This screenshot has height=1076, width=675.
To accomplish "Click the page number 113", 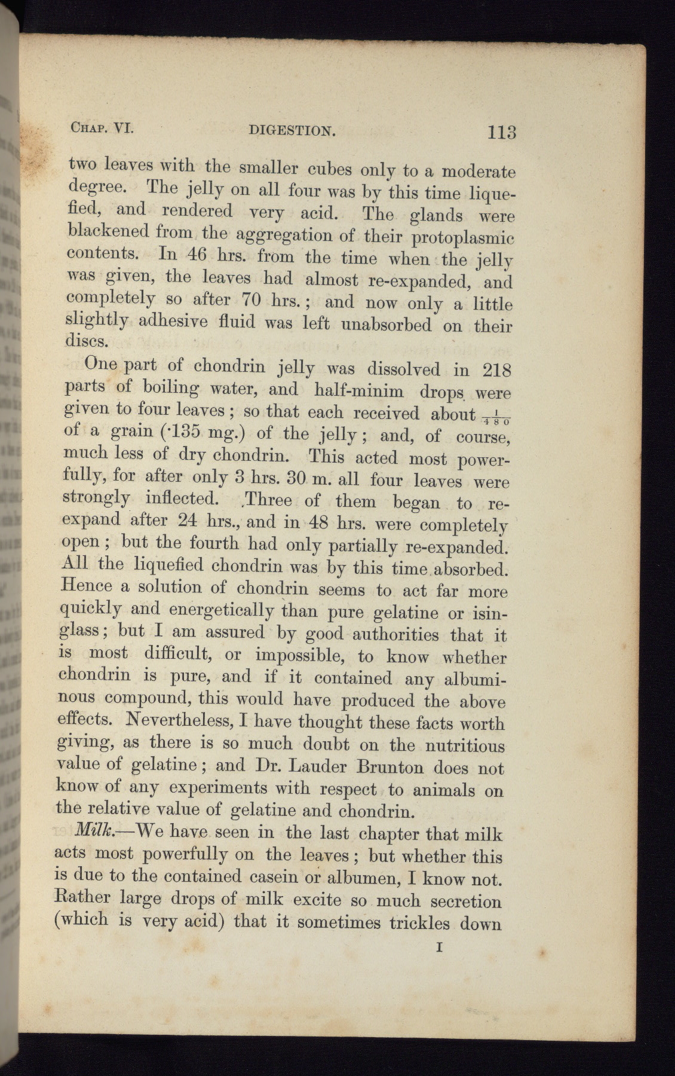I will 501,132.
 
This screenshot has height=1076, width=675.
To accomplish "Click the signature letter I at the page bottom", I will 440,947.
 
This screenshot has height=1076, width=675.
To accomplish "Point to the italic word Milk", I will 90,832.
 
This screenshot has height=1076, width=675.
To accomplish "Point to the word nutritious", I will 464,746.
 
